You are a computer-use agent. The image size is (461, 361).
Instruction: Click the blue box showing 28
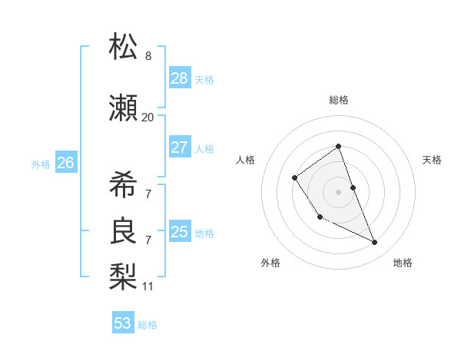click(180, 78)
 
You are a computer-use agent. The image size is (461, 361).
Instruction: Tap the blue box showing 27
click(180, 147)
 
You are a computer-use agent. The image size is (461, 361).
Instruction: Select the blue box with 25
click(180, 232)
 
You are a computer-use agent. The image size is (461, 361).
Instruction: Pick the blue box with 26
click(66, 163)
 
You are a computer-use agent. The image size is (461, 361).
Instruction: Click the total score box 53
click(123, 323)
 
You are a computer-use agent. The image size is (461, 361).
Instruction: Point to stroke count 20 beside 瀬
click(148, 118)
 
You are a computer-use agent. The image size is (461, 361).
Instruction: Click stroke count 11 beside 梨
click(148, 286)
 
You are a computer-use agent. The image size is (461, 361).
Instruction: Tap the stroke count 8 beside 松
click(148, 56)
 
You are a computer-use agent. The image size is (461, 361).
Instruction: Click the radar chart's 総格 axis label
click(338, 100)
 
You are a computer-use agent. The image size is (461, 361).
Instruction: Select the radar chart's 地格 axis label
click(403, 263)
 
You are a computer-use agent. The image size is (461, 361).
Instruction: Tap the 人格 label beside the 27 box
click(204, 148)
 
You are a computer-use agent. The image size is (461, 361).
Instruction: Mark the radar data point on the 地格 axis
click(375, 242)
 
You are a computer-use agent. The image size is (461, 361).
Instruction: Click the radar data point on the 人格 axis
click(295, 178)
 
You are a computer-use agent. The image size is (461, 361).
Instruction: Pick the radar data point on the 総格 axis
click(338, 147)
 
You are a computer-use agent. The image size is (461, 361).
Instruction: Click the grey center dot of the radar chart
click(338, 191)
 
